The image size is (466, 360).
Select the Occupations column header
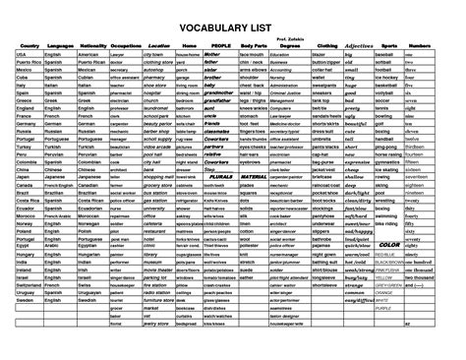[x=126, y=45]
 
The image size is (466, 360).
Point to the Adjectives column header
[x=359, y=45]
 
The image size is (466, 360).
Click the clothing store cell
[x=157, y=61]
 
